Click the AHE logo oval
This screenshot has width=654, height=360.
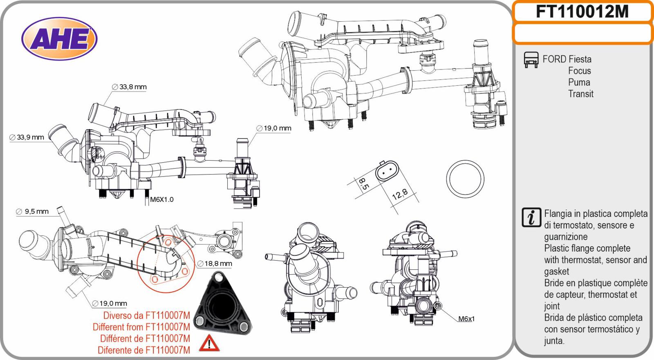tap(59, 38)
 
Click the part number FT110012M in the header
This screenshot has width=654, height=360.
tap(582, 12)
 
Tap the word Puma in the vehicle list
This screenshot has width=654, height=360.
tap(579, 82)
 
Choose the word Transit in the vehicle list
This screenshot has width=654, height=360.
tap(581, 94)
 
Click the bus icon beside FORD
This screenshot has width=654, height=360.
tap(531, 60)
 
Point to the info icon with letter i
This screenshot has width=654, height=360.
tap(531, 217)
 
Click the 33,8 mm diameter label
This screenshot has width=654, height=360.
tap(129, 87)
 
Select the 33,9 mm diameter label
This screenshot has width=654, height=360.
tap(27, 137)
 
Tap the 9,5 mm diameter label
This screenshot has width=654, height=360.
tap(32, 211)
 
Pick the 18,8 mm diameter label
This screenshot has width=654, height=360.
tap(215, 264)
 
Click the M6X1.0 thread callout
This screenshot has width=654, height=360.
tap(162, 199)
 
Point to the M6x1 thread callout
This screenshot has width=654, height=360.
tap(466, 319)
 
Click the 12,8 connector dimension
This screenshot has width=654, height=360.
tap(400, 194)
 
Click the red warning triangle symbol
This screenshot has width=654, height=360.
tap(209, 343)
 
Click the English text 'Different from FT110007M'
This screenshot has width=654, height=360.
tap(141, 327)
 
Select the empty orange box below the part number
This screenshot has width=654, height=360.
tap(582, 34)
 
